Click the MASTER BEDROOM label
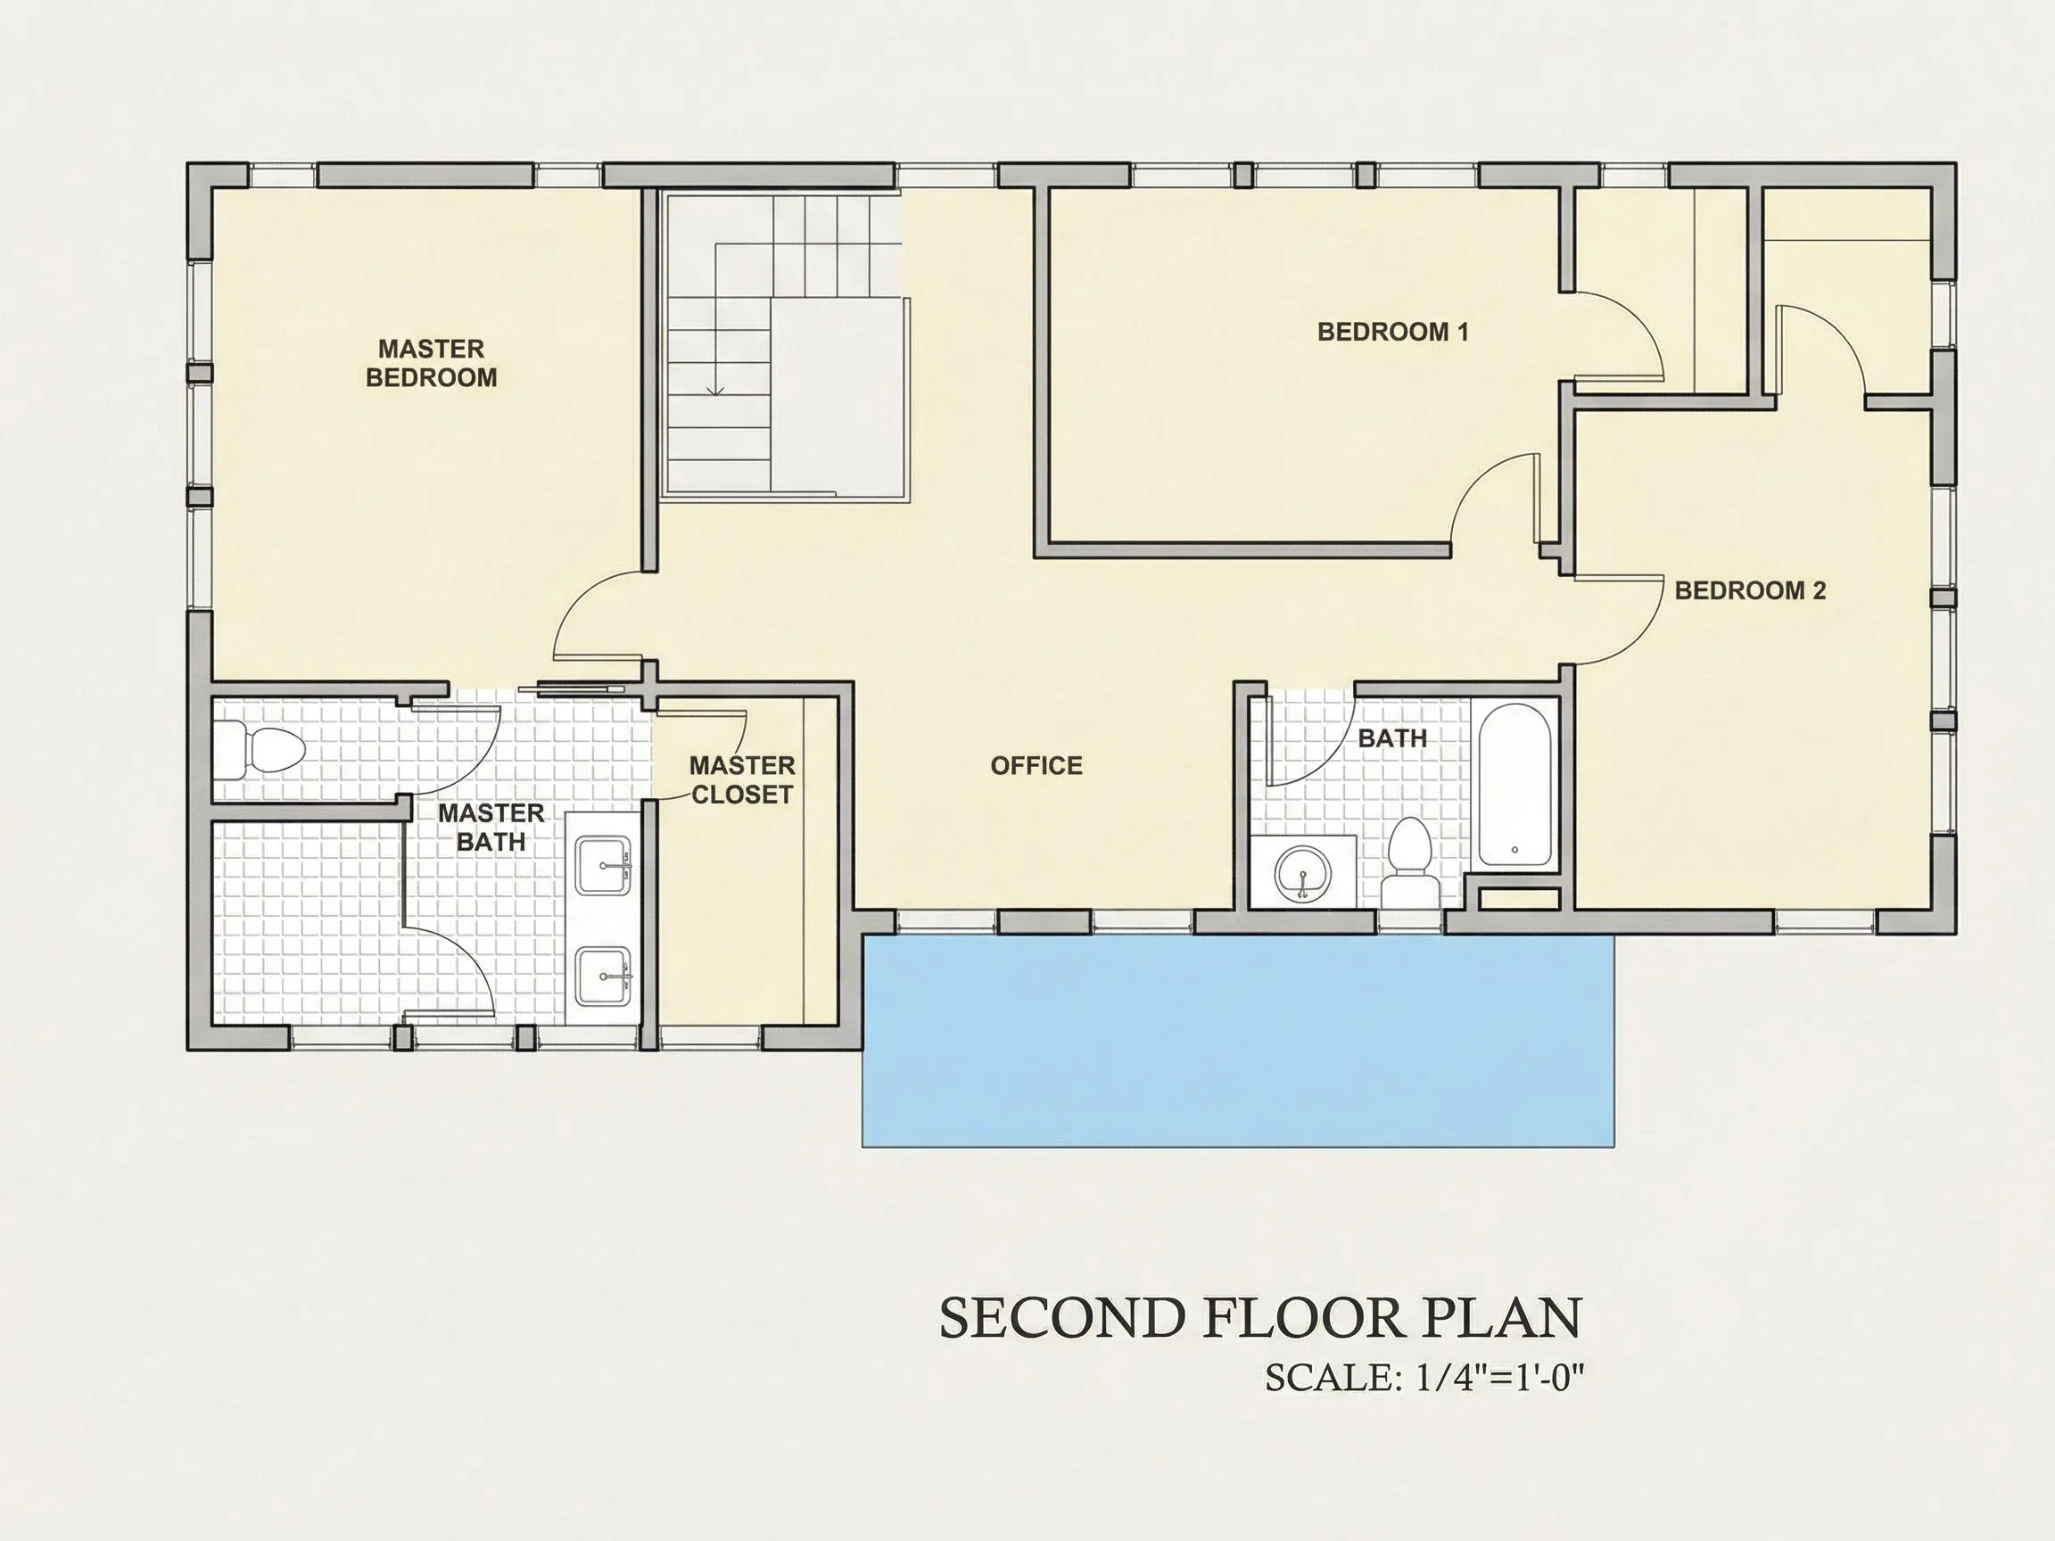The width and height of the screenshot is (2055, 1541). point(431,363)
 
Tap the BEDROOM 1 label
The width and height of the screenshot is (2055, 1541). point(1392,332)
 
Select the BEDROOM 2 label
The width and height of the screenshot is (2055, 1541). point(1749,589)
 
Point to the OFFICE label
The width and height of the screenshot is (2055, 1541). point(1036,765)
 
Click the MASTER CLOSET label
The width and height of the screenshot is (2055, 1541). point(741,780)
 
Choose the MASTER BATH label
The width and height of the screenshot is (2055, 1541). point(491,828)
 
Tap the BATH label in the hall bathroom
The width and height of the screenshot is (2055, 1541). point(1391,738)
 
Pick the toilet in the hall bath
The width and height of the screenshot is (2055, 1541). point(1408,863)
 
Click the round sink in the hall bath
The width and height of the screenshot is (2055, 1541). point(1302,872)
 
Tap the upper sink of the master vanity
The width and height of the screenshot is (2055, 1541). point(603,866)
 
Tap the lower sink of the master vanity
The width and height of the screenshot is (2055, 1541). point(603,977)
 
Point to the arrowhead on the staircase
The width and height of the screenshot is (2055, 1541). point(715,389)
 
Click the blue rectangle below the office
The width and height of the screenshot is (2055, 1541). point(1238,1041)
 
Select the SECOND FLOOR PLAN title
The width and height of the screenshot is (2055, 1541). point(1260,1317)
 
